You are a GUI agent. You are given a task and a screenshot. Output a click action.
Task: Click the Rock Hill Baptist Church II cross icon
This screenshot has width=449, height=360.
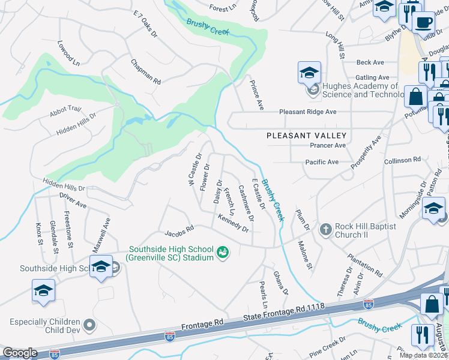coord(325,229)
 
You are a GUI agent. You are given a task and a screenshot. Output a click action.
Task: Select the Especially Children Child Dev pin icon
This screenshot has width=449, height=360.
coord(90,326)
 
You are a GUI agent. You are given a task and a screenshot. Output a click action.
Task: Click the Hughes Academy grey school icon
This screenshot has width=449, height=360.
coord(313,91)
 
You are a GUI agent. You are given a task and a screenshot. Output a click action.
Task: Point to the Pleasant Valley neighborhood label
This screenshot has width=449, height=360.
coord(306,136)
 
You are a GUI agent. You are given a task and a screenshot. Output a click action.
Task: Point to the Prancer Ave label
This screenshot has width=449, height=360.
coord(328,146)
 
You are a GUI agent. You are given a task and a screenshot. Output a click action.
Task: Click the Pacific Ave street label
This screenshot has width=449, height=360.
coord(322,162)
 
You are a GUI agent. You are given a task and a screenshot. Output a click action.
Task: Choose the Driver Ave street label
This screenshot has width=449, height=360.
coord(73,200)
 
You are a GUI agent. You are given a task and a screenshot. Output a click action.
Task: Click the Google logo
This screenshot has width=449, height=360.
coord(20,353)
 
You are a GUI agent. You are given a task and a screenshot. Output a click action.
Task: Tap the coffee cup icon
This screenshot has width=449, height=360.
coord(424,23)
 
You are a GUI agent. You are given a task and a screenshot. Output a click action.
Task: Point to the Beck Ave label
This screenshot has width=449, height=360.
coord(370,62)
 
